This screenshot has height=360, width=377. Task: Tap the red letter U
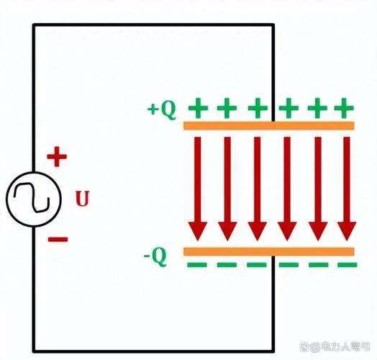pyautogui.click(x=83, y=198)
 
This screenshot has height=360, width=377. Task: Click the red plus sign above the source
pyautogui.click(x=57, y=157)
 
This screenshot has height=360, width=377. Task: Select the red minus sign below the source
pyautogui.click(x=58, y=239)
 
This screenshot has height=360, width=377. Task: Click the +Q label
pyautogui.click(x=162, y=110)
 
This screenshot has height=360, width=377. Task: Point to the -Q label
pyautogui.click(x=155, y=257)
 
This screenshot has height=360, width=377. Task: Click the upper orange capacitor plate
pyautogui.click(x=269, y=126)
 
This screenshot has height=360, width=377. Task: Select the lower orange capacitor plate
pyautogui.click(x=269, y=251)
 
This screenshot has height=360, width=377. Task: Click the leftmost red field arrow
pyautogui.click(x=198, y=189)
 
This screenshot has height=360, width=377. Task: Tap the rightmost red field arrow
pyautogui.click(x=347, y=189)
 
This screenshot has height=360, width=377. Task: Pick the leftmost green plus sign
pyautogui.click(x=198, y=108)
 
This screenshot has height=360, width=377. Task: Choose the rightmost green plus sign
pyautogui.click(x=344, y=108)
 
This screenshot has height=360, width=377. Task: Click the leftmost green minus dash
pyautogui.click(x=197, y=265)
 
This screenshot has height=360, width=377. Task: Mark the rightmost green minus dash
pyautogui.click(x=348, y=265)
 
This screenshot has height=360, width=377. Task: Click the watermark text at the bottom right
pyautogui.click(x=335, y=347)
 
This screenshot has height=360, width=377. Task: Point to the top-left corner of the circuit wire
pyautogui.click(x=34, y=24)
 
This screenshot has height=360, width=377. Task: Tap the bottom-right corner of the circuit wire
pyautogui.click(x=273, y=351)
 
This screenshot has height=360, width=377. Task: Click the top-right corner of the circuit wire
pyautogui.click(x=273, y=24)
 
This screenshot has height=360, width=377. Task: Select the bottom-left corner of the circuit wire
pyautogui.click(x=34, y=351)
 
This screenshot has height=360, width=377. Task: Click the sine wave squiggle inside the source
pyautogui.click(x=32, y=198)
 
